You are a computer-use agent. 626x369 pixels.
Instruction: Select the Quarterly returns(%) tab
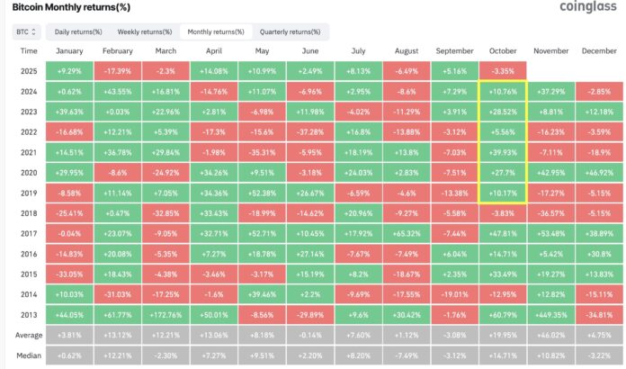pos(289,31)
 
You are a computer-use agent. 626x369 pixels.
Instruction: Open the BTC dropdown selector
pos(26,31)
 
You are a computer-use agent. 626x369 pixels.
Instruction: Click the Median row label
pos(28,355)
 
